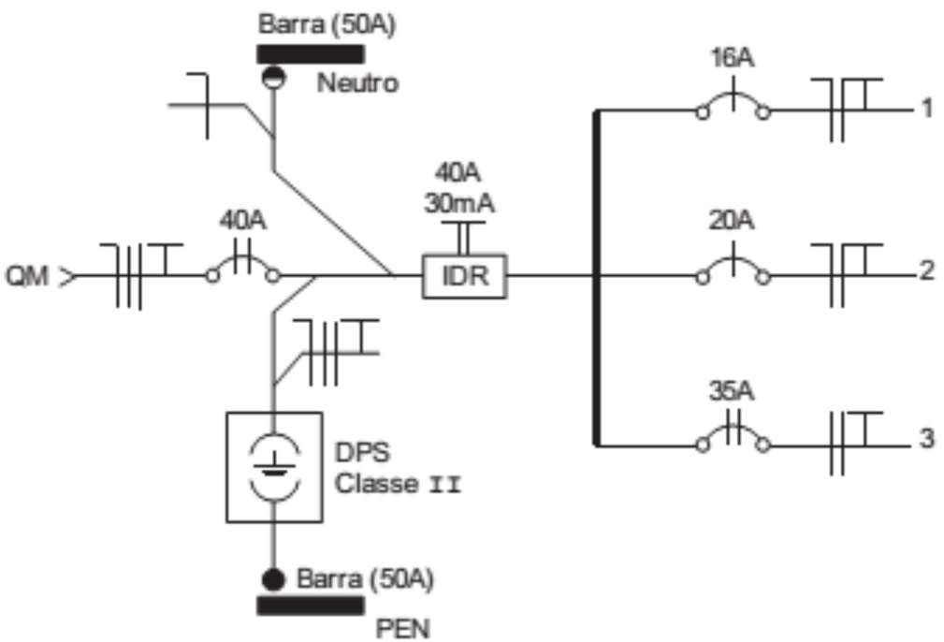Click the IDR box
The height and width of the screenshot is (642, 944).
pyautogui.click(x=464, y=276)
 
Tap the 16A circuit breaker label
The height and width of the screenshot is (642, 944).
pyautogui.click(x=732, y=58)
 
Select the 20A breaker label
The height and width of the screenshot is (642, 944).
pyautogui.click(x=732, y=221)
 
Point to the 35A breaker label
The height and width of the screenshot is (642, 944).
pyautogui.click(x=732, y=391)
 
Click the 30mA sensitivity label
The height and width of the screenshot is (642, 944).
pyautogui.click(x=459, y=204)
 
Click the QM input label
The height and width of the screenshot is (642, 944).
pyautogui.click(x=27, y=276)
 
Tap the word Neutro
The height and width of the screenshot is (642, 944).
pyautogui.click(x=357, y=82)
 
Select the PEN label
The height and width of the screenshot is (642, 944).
pyautogui.click(x=402, y=628)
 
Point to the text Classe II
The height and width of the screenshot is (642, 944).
pyautogui.click(x=398, y=483)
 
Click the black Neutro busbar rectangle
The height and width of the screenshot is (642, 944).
pyautogui.click(x=311, y=54)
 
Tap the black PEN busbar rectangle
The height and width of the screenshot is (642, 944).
pyautogui.click(x=311, y=606)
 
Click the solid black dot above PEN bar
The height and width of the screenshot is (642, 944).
pyautogui.click(x=273, y=579)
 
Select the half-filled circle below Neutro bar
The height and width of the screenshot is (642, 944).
pyautogui.click(x=274, y=77)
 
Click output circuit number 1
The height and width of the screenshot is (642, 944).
pyautogui.click(x=927, y=108)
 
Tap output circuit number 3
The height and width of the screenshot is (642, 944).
pyautogui.click(x=927, y=438)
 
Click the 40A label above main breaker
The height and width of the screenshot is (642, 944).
pyautogui.click(x=242, y=221)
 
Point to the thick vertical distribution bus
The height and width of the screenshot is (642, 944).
pyautogui.click(x=597, y=278)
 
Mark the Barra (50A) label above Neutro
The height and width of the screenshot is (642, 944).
pyautogui.click(x=327, y=24)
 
